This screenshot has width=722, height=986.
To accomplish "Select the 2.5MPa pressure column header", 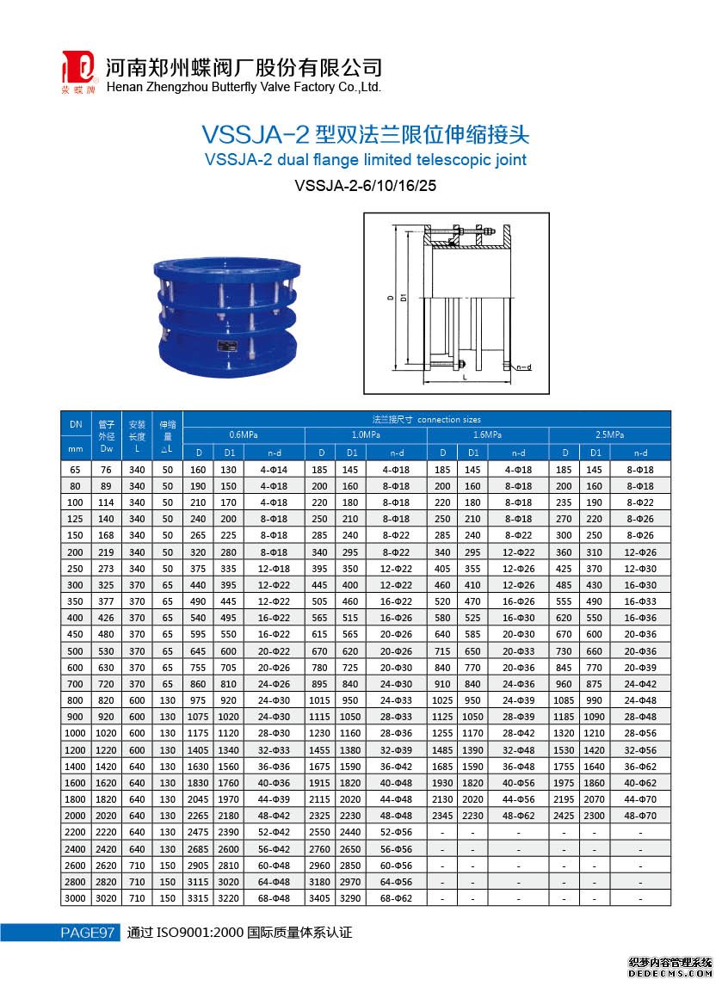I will point(609,434).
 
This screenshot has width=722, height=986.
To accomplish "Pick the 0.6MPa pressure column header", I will point(244,434).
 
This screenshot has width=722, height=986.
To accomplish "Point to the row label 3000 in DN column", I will point(76,897).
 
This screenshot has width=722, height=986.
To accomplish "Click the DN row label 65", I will point(76,470).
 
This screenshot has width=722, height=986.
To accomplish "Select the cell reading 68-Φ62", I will point(397,897).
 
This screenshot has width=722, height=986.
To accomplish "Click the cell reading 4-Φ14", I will point(275,470).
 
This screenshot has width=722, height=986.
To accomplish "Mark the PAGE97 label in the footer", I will point(87,933).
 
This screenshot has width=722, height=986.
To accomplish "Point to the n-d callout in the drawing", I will point(523,367).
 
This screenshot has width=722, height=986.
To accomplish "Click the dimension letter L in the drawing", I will point(465,377).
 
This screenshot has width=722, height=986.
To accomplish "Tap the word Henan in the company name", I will point(125,87).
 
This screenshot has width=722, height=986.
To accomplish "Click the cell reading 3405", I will point(321,897).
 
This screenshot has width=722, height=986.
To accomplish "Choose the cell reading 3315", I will point(199,897).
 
